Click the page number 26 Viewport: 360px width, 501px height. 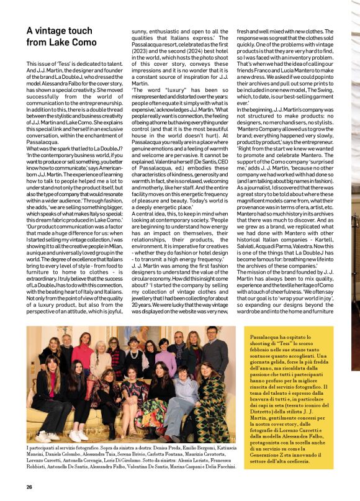29,487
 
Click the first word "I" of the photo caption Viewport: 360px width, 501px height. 28,448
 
